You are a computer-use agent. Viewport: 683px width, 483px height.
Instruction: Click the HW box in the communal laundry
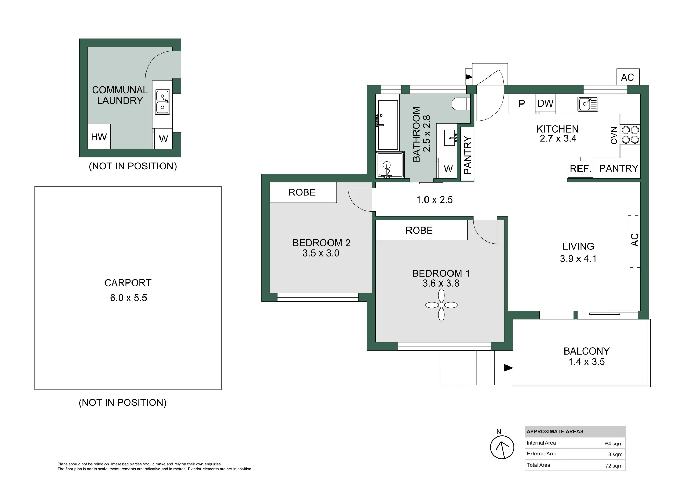pyautogui.click(x=99, y=136)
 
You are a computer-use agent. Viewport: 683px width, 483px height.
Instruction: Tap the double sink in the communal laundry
pyautogui.click(x=163, y=102)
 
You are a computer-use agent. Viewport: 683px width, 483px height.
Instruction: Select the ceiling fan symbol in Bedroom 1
pyautogui.click(x=441, y=305)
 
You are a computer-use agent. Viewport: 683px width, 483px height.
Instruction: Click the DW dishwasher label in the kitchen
pyautogui.click(x=545, y=104)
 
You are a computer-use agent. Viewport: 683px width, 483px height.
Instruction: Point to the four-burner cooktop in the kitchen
pyautogui.click(x=630, y=135)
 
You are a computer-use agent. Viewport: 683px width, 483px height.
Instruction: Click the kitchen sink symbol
pyautogui.click(x=588, y=104)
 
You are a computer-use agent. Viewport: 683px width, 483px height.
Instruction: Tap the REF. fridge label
pyautogui.click(x=581, y=169)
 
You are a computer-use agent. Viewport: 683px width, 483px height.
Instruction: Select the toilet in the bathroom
pyautogui.click(x=461, y=104)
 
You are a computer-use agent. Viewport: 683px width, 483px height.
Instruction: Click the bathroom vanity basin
pyautogui.click(x=451, y=138)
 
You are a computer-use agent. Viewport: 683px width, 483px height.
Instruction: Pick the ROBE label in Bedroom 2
pyautogui.click(x=302, y=192)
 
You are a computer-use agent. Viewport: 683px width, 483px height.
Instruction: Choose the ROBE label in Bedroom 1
pyautogui.click(x=419, y=231)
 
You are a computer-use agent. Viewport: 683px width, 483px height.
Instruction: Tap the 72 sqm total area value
pyautogui.click(x=614, y=466)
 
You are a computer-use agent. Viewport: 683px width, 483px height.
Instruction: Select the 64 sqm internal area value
pyautogui.click(x=614, y=444)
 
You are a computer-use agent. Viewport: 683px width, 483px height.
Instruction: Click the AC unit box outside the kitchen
pyautogui.click(x=628, y=77)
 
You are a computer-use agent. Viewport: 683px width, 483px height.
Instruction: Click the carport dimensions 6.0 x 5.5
pyautogui.click(x=128, y=298)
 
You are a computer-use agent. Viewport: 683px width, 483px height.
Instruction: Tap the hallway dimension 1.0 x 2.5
pyautogui.click(x=434, y=200)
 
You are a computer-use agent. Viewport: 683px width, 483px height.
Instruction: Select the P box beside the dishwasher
pyautogui.click(x=522, y=104)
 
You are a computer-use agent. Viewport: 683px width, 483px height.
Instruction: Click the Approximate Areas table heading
pyautogui.click(x=555, y=432)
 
